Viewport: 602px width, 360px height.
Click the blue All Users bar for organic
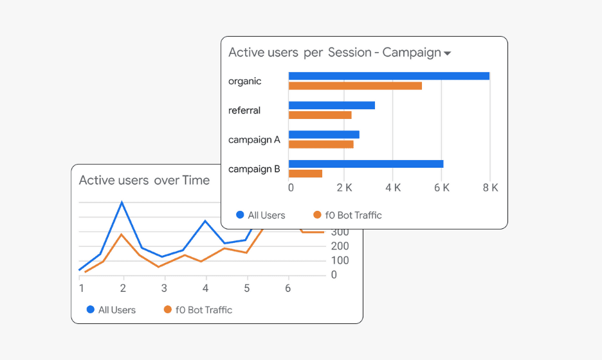click(388, 76)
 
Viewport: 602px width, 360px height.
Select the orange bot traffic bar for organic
click(355, 85)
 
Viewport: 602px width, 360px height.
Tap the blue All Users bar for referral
click(331, 105)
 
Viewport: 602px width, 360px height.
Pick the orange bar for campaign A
click(321, 144)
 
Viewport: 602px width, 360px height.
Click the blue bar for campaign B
click(365, 164)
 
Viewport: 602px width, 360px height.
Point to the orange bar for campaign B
click(305, 174)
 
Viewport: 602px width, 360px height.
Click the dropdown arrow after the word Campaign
click(447, 53)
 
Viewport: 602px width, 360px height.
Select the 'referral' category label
click(244, 111)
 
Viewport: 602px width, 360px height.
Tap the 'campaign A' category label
click(254, 139)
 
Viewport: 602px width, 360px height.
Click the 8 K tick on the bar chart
click(490, 188)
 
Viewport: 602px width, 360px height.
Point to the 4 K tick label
click(392, 188)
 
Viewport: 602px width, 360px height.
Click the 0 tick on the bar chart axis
click(291, 188)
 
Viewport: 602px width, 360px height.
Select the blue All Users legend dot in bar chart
click(240, 215)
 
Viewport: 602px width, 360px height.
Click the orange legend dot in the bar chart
click(316, 215)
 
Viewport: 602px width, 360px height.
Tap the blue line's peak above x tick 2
click(122, 203)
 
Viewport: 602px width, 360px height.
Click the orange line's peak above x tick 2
click(122, 234)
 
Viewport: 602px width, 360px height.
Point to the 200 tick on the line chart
click(340, 246)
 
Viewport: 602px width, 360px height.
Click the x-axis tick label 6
click(288, 288)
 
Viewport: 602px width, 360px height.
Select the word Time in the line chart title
click(196, 181)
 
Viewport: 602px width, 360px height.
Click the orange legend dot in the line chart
click(168, 310)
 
